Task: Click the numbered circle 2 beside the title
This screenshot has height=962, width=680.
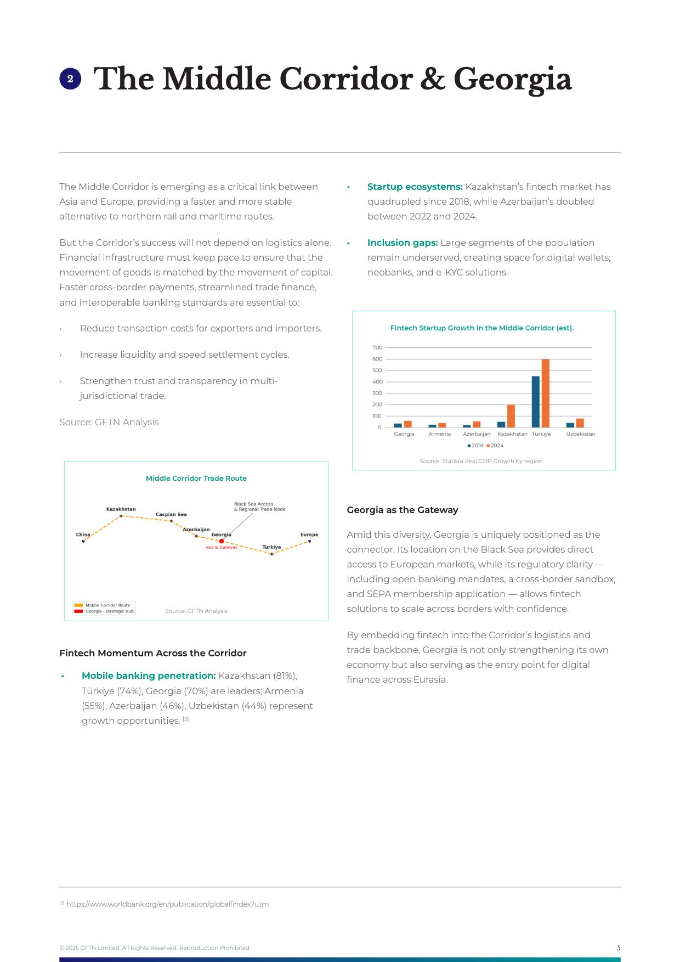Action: pos(70,79)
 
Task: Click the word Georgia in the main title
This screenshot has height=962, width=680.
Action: pos(512,79)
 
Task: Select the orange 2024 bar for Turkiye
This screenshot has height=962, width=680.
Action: pos(545,393)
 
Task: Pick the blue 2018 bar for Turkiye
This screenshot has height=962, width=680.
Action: pos(536,402)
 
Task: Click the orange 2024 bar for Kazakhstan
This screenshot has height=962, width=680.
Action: pos(511,416)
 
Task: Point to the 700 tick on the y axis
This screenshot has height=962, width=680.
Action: pos(377,347)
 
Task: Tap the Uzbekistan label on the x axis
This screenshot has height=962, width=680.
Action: pos(581,434)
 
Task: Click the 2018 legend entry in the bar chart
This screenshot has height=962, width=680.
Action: pos(475,446)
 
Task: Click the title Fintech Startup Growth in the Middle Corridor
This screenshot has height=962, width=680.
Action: pos(481,328)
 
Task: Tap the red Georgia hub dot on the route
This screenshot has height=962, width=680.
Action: pos(222,541)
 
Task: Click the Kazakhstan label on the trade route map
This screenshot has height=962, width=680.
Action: pos(121,509)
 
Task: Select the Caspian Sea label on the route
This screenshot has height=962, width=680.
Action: pos(171,515)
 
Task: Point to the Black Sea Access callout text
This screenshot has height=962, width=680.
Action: pos(259,507)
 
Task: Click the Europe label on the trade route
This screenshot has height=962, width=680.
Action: pos(309,535)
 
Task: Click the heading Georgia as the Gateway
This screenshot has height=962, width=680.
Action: pos(402,510)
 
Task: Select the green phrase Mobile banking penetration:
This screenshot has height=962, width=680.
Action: pos(149,676)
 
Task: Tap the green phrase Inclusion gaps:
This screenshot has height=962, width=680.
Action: pos(403,243)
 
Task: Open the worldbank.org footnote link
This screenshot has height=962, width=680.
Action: pos(167,904)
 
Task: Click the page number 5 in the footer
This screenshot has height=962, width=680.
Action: pos(619,948)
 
